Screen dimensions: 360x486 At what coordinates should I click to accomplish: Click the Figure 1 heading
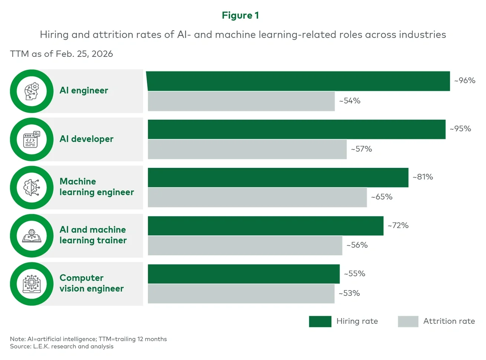click(x=240, y=15)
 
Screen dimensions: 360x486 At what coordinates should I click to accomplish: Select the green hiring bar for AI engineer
click(x=298, y=81)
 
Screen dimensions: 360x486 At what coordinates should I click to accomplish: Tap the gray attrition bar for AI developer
click(x=247, y=149)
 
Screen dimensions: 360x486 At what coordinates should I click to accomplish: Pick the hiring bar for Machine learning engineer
click(x=278, y=178)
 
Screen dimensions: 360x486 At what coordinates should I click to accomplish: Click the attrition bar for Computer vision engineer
click(x=241, y=293)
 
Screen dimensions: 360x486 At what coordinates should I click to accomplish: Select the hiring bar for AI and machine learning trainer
click(x=265, y=226)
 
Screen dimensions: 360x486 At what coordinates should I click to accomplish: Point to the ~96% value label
click(x=465, y=81)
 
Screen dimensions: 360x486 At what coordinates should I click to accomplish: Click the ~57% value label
click(x=361, y=149)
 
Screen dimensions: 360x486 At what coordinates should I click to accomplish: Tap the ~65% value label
click(x=382, y=197)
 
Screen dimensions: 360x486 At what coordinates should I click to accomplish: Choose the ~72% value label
click(x=398, y=225)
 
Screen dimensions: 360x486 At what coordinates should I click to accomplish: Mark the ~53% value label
click(x=349, y=293)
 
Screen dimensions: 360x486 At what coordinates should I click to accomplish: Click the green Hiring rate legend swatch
click(x=320, y=321)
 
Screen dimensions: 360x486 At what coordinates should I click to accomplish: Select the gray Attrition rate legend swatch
click(x=408, y=321)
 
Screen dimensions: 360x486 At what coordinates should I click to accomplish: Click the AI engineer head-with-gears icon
click(x=32, y=91)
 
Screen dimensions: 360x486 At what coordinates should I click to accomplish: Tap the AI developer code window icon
click(x=32, y=139)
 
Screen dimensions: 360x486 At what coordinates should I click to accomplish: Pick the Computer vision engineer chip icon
click(x=32, y=284)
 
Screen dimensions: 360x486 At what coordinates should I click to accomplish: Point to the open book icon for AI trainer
click(x=32, y=236)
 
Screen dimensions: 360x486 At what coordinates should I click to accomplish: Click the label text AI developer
click(x=86, y=139)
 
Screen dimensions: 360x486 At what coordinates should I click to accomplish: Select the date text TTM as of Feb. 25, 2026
click(x=61, y=54)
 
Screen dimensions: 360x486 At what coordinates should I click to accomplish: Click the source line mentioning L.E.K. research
click(x=62, y=347)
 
